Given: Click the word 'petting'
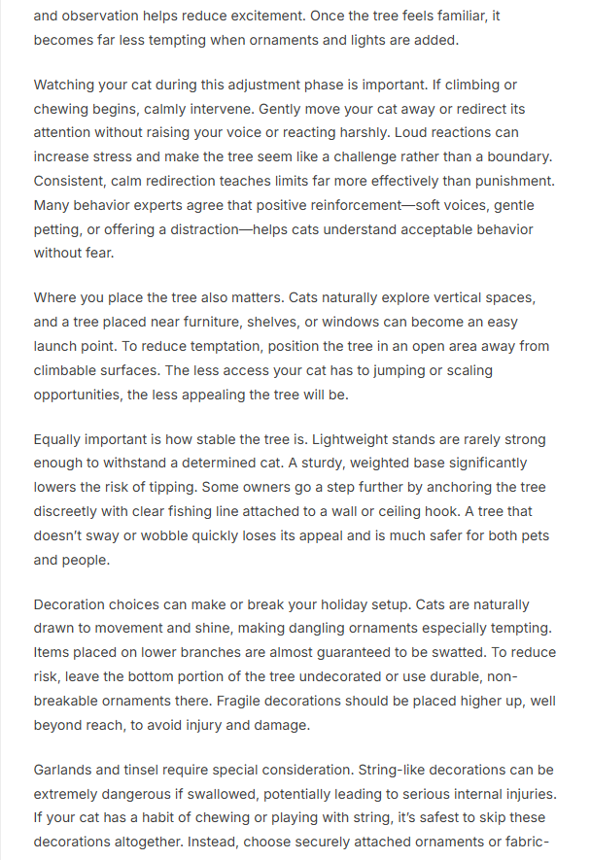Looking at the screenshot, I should [x=62, y=229].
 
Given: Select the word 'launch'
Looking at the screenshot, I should [x=57, y=346].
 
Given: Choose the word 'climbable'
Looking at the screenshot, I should [x=71, y=370].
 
